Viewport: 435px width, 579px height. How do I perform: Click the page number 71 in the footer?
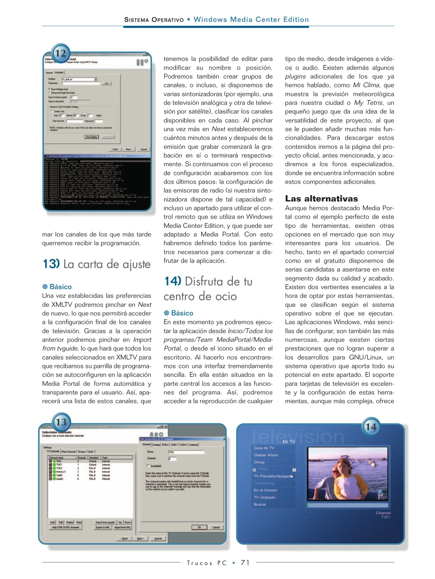click(245, 562)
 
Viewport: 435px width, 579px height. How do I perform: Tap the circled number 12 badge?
click(61, 53)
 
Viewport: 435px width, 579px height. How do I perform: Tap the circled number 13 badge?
click(61, 422)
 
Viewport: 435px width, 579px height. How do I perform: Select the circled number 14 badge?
click(371, 426)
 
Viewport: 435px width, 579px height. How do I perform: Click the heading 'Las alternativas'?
click(321, 199)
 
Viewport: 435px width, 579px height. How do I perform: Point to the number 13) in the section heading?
click(51, 264)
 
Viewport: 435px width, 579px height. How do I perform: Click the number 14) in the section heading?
click(173, 281)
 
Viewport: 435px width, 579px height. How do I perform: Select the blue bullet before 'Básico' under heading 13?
click(45, 287)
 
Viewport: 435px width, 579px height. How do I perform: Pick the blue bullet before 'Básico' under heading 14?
click(167, 313)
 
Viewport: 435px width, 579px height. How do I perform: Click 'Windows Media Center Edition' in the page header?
click(251, 20)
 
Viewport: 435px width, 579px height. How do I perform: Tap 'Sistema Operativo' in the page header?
click(154, 20)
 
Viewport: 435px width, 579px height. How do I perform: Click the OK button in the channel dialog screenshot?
click(199, 527)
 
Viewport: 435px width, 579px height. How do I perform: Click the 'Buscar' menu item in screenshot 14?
click(260, 504)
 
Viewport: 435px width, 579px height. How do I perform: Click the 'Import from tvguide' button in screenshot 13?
click(105, 522)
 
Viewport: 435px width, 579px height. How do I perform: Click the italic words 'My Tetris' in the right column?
click(368, 103)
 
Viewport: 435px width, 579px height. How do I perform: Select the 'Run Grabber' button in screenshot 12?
click(92, 137)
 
